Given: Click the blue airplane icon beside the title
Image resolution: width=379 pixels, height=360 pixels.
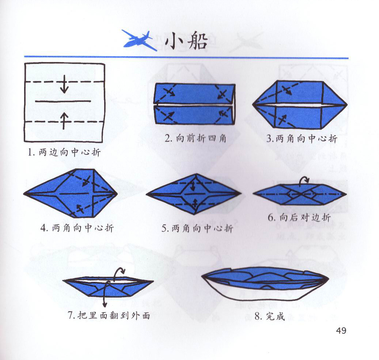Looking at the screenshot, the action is coord(139,40).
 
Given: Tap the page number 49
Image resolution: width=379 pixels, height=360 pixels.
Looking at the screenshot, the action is coord(341,330).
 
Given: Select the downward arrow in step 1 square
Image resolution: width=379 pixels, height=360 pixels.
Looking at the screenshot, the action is coord(64,84).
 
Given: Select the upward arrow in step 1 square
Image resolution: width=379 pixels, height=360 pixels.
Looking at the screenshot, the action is coord(64,120).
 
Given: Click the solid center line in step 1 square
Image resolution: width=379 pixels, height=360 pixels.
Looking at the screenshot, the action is coord(63,101).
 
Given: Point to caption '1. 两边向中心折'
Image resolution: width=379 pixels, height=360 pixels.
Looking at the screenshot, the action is coord(64,152).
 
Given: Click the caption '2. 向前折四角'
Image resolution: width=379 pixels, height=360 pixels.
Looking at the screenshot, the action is coord(195,138).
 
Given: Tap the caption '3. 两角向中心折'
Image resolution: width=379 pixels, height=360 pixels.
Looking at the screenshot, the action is coord(302,138).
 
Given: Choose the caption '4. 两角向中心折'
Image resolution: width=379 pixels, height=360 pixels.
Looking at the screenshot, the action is coord(77,228).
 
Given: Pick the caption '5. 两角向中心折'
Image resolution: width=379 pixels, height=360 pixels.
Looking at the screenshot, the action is coord(197,228).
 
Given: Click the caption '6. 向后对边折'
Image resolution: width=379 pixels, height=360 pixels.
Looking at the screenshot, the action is coord(299,218).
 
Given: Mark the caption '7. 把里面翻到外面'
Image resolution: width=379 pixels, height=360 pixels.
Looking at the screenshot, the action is coord(109,315).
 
